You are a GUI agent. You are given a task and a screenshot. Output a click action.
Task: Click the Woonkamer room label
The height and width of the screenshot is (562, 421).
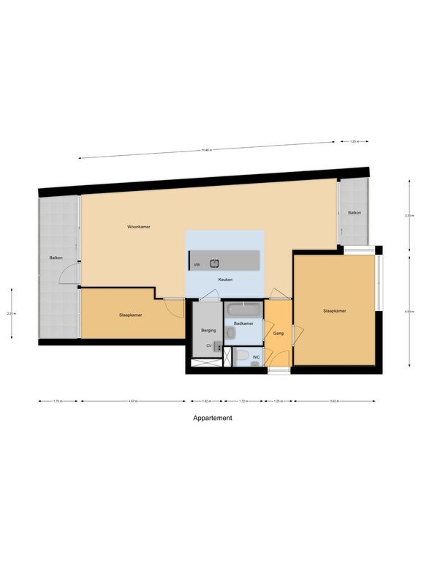pyautogui.click(x=139, y=228)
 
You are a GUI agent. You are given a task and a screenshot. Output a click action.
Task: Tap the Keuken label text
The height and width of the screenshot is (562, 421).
pyautogui.click(x=225, y=280)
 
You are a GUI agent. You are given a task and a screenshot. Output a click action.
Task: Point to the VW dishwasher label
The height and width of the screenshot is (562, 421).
pyautogui.click(x=197, y=264)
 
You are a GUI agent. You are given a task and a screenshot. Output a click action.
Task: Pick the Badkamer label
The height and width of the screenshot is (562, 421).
pyautogui.click(x=243, y=323)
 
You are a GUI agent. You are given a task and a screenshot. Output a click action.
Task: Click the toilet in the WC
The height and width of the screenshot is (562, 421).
pyautogui.click(x=242, y=356)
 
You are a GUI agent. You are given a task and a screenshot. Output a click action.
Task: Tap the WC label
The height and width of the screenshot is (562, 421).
pyautogui.click(x=256, y=357)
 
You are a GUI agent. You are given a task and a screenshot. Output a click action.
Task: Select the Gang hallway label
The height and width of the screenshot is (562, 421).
pyautogui.click(x=278, y=334)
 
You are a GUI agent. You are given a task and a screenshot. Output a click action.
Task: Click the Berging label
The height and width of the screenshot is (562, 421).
pyautogui.click(x=208, y=331)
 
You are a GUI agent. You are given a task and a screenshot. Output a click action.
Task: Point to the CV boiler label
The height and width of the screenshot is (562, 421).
pyautogui.click(x=208, y=345)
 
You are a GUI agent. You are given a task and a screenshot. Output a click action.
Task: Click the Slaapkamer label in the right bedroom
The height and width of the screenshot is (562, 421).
pyautogui.click(x=334, y=311)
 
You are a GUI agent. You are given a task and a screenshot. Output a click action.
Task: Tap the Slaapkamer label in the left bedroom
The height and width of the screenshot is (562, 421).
pyautogui.click(x=130, y=315)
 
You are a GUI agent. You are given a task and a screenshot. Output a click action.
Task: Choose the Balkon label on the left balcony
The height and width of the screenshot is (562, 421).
pyautogui.click(x=56, y=258)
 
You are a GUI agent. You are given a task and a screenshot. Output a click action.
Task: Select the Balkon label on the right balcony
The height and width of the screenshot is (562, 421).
pyautogui.click(x=354, y=213)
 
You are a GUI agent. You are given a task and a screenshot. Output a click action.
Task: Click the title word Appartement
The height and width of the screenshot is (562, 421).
pyautogui.click(x=213, y=419)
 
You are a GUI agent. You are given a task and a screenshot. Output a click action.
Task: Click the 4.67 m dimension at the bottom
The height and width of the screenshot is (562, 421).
pyautogui.click(x=132, y=401)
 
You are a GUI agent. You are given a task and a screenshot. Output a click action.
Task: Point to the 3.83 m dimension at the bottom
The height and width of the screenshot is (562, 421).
pyautogui.click(x=334, y=401)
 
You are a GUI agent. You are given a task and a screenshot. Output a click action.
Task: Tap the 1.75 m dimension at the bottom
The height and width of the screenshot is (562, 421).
pyautogui.click(x=58, y=401)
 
